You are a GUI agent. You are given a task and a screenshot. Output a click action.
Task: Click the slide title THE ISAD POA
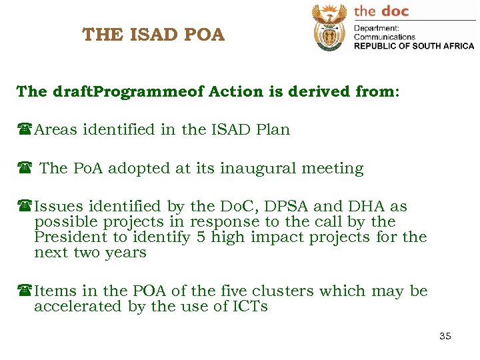click(x=153, y=34)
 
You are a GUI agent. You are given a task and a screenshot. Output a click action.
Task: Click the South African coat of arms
click(x=329, y=27)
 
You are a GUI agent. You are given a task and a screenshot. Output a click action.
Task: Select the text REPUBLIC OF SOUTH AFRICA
click(x=413, y=46)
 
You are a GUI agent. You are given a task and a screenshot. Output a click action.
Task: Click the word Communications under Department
click(x=384, y=37)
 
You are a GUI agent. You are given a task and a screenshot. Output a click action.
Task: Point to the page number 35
click(x=445, y=336)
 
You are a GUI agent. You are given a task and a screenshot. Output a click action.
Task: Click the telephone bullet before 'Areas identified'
click(x=25, y=130)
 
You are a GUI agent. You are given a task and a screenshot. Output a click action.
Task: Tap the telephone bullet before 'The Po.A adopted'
click(x=25, y=169)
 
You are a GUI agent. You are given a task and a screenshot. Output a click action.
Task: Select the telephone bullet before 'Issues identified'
click(x=25, y=207)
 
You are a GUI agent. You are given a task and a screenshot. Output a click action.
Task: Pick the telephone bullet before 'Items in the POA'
click(x=25, y=291)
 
